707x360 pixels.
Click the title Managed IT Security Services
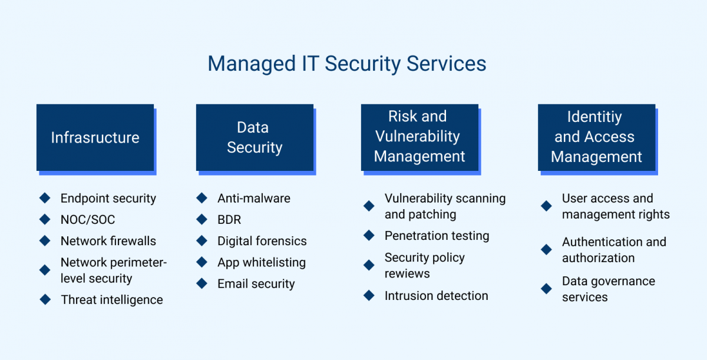click(347, 64)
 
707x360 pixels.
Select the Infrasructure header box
click(95, 138)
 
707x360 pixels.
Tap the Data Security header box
click(255, 138)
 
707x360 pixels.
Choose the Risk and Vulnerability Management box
click(419, 138)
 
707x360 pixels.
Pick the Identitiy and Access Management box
click(596, 138)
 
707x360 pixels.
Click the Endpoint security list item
click(108, 199)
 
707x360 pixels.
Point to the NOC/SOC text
click(88, 220)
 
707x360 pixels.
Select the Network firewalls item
click(108, 241)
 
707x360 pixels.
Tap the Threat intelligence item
click(112, 300)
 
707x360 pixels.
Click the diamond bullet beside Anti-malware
click(202, 198)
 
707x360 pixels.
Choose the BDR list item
click(229, 220)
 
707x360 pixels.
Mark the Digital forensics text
click(262, 241)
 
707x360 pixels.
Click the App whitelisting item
click(262, 262)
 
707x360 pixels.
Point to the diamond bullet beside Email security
click(202, 283)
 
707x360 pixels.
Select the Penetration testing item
click(437, 236)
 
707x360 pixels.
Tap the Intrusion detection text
click(436, 296)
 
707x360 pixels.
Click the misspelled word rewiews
click(407, 273)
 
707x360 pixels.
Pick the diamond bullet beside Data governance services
click(546, 289)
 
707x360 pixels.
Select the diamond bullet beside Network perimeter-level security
click(45, 270)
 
